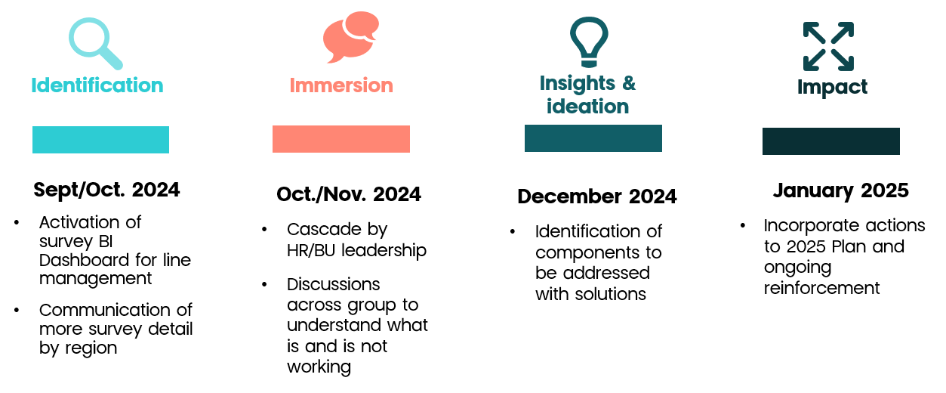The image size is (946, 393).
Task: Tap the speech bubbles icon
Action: point(351,37)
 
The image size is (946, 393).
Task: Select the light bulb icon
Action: point(589,42)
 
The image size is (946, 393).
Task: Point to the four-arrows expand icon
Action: point(828,47)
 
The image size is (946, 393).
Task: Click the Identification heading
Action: point(97,85)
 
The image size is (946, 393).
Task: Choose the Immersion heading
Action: point(341,85)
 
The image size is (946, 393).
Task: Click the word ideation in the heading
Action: point(587,106)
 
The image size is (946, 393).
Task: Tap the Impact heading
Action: point(832,88)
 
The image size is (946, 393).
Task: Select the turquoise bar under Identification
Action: point(100,140)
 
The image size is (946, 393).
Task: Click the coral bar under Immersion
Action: point(340,139)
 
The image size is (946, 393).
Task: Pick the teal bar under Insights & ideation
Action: point(593,138)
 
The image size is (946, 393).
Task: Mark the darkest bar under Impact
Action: point(830,141)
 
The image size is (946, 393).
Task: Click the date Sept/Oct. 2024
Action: point(107,190)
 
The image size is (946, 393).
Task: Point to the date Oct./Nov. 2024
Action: point(349,194)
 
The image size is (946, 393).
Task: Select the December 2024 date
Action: point(597,196)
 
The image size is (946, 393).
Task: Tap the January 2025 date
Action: point(841,190)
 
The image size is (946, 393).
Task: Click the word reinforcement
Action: point(822,288)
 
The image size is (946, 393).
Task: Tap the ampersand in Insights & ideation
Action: point(629,83)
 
